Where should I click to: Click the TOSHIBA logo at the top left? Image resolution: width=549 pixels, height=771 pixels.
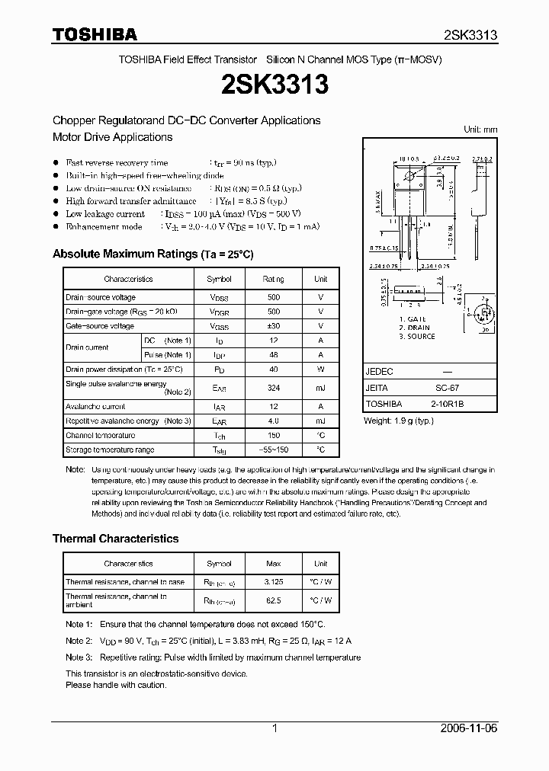coord(95,34)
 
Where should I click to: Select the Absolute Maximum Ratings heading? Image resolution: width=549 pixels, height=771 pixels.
coord(152,254)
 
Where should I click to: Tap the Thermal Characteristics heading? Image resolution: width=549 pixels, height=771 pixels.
coord(115,539)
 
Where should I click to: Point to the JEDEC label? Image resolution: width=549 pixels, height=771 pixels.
coord(380,372)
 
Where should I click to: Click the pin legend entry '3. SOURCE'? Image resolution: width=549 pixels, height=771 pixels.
coord(416,337)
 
